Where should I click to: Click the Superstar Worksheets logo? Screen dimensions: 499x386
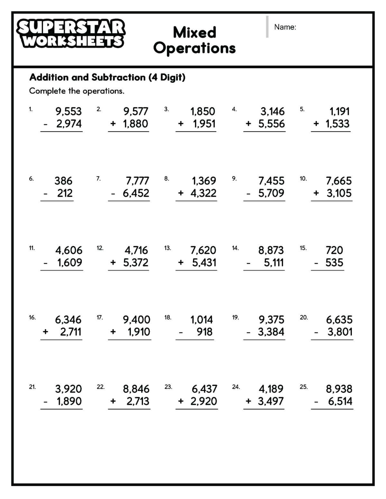[x=71, y=34]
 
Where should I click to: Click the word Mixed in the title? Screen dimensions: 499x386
[x=194, y=32]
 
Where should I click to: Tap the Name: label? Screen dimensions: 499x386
[x=285, y=27]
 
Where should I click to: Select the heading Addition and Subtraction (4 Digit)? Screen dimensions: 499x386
[x=107, y=77]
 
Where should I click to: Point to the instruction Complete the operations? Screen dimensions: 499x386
[x=77, y=91]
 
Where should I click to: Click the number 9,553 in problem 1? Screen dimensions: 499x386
[x=69, y=111]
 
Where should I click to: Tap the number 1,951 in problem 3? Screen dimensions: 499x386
[x=204, y=124]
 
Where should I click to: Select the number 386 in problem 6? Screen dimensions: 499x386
[x=63, y=181]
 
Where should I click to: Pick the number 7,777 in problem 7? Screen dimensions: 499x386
[x=137, y=181]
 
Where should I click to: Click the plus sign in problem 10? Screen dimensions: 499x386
[x=316, y=193]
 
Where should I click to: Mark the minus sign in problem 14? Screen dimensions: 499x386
[x=248, y=263]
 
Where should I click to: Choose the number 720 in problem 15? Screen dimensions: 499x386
[x=334, y=250]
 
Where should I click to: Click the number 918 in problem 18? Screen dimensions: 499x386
[x=205, y=332]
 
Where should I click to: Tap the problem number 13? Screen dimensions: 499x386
[x=167, y=248]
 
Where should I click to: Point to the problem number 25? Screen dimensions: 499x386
[x=303, y=387]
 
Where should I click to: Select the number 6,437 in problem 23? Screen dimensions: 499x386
[x=204, y=389]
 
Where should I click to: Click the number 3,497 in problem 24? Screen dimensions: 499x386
[x=271, y=401]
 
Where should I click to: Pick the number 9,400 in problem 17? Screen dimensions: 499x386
[x=136, y=320]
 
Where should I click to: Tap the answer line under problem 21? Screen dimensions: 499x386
[x=61, y=409]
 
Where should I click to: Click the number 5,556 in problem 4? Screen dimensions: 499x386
[x=271, y=124]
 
